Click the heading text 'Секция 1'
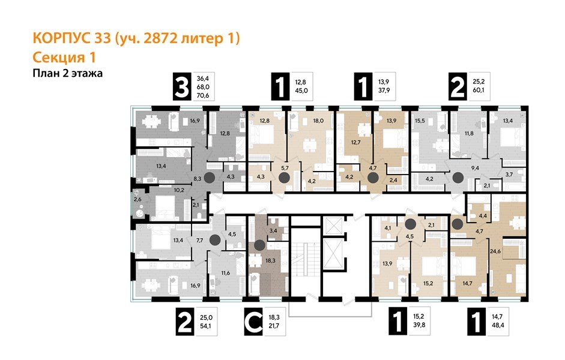pyautogui.click(x=63, y=58)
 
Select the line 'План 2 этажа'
pyautogui.click(x=67, y=74)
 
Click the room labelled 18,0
pyautogui.click(x=318, y=121)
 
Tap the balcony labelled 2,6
pyautogui.click(x=137, y=199)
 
